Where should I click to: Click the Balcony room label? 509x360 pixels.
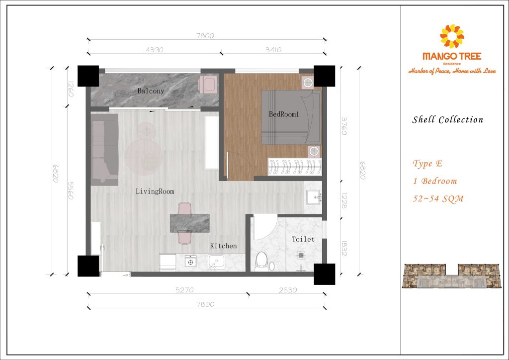click(x=150, y=91)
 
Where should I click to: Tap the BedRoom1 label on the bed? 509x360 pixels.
click(x=284, y=114)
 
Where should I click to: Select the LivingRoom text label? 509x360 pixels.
click(x=155, y=191)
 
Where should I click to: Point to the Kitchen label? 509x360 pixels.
click(x=223, y=246)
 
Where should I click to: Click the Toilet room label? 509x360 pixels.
click(x=303, y=239)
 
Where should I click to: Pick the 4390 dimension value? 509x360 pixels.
click(x=155, y=50)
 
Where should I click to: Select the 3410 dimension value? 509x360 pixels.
click(x=273, y=50)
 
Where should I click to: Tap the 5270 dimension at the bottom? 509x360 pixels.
click(x=184, y=290)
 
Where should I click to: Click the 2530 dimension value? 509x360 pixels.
click(x=288, y=290)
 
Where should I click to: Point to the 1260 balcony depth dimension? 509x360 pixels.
click(x=71, y=89)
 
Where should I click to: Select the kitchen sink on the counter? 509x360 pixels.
click(x=217, y=262)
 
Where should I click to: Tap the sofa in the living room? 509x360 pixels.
click(x=104, y=149)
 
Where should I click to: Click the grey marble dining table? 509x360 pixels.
click(x=190, y=223)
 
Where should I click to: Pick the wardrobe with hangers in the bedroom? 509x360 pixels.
click(x=295, y=167)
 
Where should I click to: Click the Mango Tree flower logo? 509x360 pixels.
click(x=452, y=36)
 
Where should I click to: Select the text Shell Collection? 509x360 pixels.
click(x=448, y=120)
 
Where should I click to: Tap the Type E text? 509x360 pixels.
click(x=427, y=164)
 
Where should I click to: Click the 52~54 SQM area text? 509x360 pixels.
click(x=438, y=199)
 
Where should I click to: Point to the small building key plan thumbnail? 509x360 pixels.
click(x=451, y=276)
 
